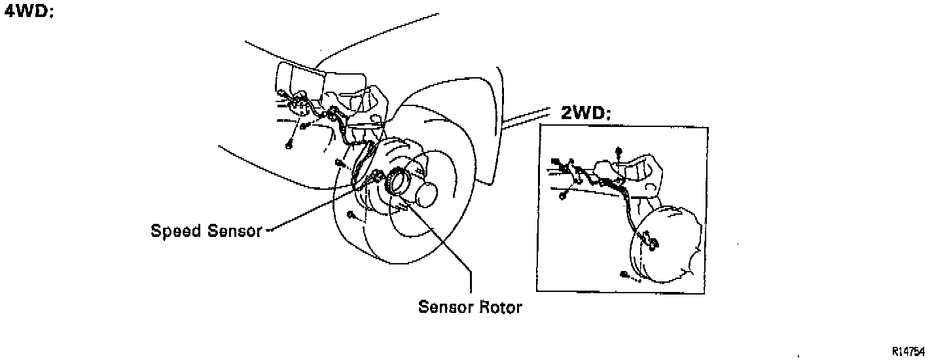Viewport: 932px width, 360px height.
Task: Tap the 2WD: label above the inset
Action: pos(586,114)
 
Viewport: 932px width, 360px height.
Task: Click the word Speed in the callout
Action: pos(175,231)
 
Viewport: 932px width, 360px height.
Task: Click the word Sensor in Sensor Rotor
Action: pos(443,307)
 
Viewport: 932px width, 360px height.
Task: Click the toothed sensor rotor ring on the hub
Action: pos(396,181)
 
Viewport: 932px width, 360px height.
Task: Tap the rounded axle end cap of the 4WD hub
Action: pos(425,194)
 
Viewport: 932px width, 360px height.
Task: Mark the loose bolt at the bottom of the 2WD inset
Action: pos(624,274)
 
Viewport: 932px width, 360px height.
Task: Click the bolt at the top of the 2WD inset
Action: pos(618,152)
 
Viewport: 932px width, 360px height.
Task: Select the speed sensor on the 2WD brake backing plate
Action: pos(651,243)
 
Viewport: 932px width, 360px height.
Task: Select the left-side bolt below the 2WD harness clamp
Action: pos(563,194)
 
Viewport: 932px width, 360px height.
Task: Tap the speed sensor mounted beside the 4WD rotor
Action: pos(377,175)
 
